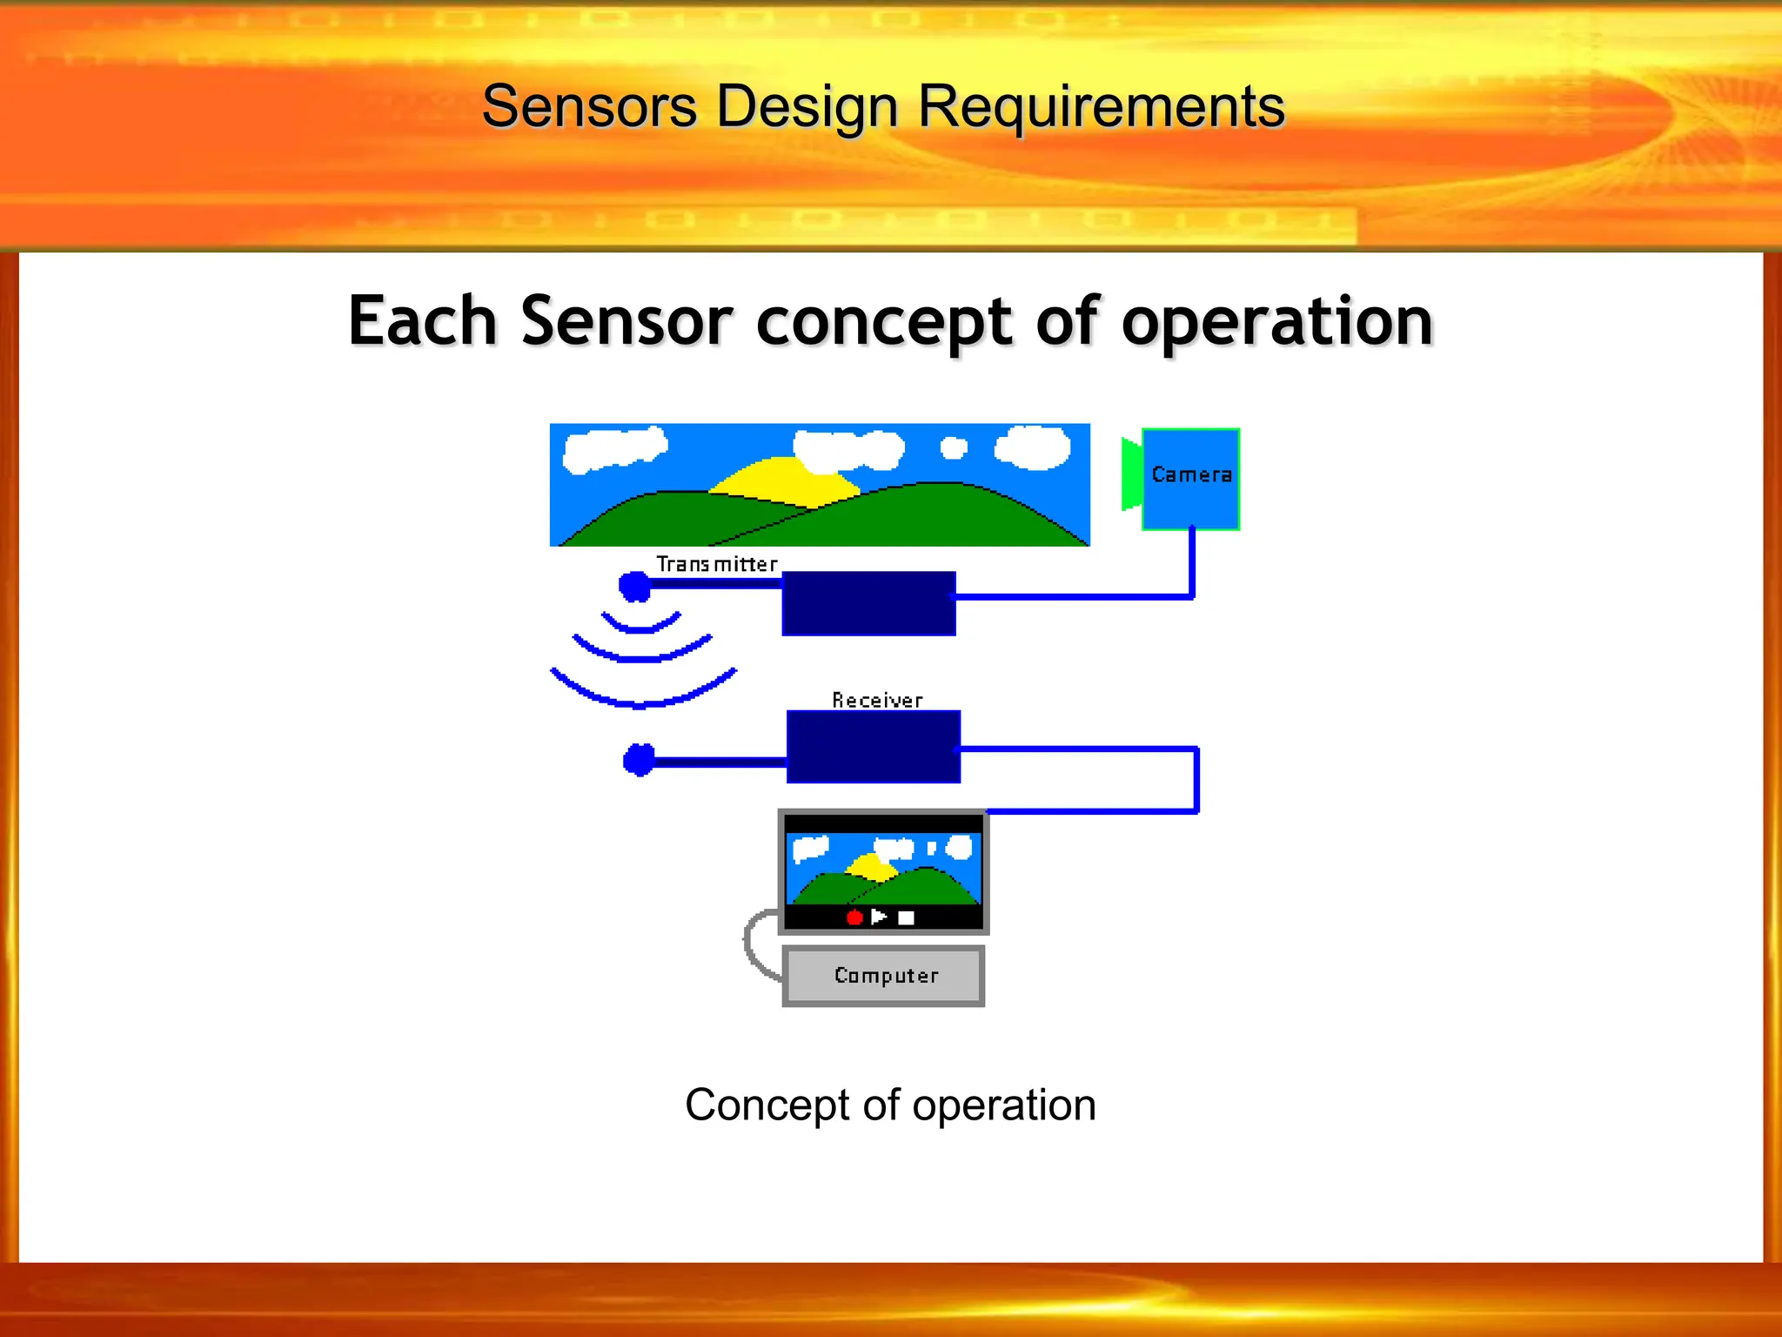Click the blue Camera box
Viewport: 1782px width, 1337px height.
click(x=1190, y=479)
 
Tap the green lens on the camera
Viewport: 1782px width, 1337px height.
click(x=1131, y=475)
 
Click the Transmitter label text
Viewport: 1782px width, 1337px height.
click(x=716, y=564)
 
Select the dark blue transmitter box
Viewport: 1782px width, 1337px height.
click(x=868, y=603)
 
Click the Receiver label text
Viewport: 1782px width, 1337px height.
click(x=876, y=700)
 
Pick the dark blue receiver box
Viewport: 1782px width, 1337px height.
click(x=874, y=747)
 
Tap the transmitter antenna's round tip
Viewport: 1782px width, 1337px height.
click(x=635, y=586)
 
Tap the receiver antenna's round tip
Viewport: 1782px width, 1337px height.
click(x=640, y=760)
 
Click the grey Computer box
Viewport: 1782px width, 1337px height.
click(x=884, y=976)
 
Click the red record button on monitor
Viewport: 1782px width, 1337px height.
click(x=854, y=917)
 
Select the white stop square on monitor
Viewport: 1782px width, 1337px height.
click(x=906, y=917)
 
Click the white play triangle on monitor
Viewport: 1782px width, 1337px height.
click(x=879, y=917)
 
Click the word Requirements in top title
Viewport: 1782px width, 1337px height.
click(x=1101, y=107)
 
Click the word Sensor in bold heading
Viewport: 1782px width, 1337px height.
click(x=626, y=321)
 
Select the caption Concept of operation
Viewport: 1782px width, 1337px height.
click(x=890, y=1105)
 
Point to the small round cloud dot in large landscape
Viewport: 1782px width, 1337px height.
click(x=954, y=447)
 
